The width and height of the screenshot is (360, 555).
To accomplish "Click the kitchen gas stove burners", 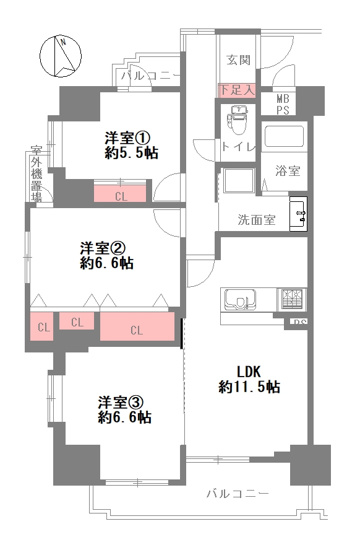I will point(291,298).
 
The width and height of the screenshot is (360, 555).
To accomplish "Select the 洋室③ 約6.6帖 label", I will point(122,409).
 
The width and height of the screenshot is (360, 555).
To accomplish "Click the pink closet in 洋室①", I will point(121,194).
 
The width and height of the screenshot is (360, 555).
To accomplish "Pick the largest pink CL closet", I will point(136,329).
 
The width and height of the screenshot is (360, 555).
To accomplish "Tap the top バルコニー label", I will point(150,74).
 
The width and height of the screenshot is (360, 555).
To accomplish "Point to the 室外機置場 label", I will point(37,174).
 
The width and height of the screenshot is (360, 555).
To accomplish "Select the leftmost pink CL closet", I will point(43,327).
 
